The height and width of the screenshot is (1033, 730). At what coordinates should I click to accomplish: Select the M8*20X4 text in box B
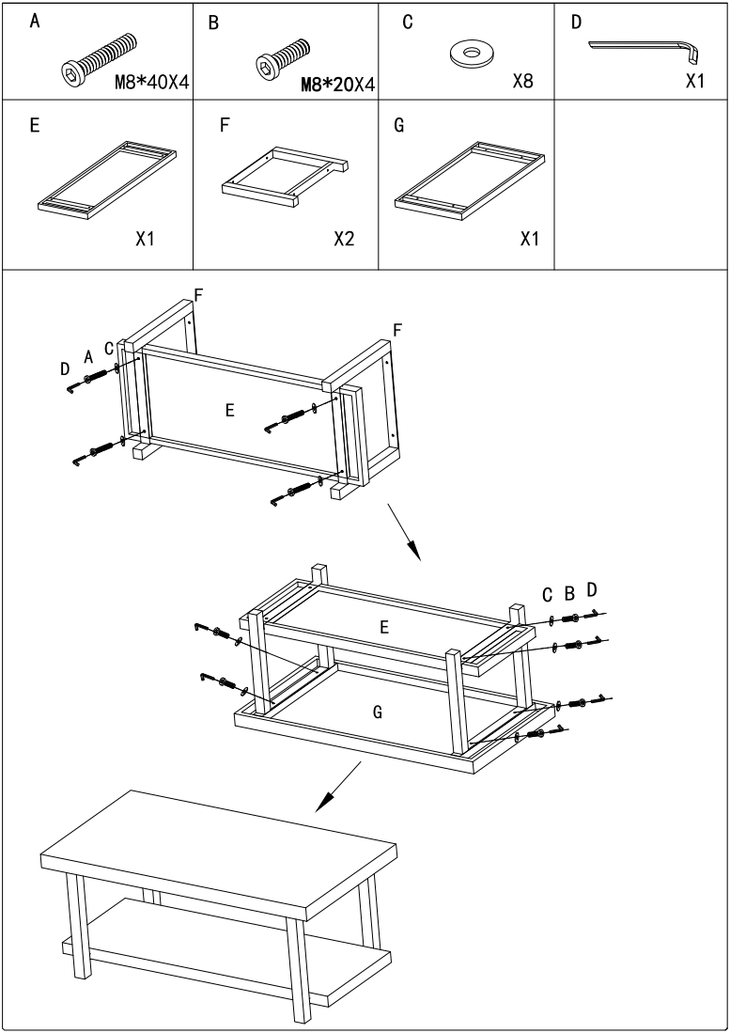337,85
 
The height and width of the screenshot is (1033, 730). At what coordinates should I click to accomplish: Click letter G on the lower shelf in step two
377,712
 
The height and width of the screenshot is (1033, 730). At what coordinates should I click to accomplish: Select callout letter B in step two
568,593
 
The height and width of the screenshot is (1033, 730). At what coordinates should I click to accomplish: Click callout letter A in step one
88,356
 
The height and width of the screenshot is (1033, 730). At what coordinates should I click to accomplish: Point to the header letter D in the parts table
576,21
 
